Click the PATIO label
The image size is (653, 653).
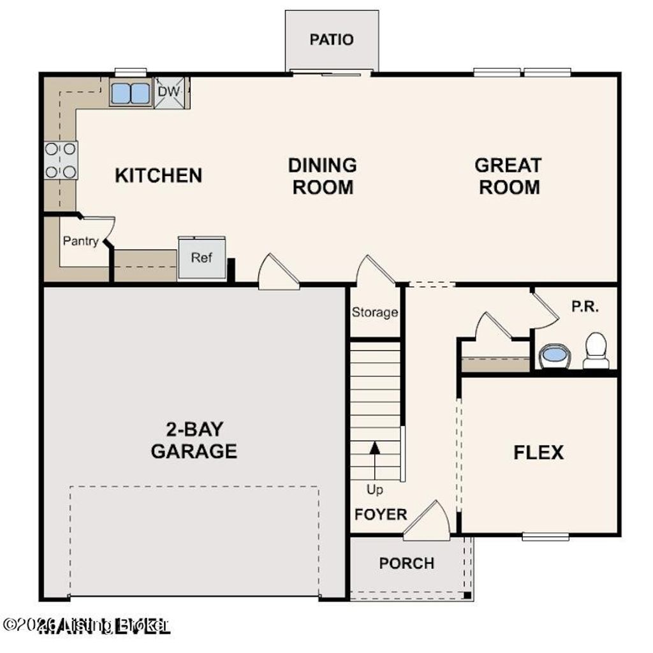click(x=331, y=40)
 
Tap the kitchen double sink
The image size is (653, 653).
click(x=130, y=93)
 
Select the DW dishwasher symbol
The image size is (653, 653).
click(x=170, y=92)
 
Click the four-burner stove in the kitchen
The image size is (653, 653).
click(x=61, y=160)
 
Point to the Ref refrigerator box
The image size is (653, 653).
click(x=202, y=258)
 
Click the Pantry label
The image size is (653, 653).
click(x=80, y=241)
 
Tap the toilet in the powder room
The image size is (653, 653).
click(x=596, y=351)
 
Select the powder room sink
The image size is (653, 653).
click(x=555, y=355)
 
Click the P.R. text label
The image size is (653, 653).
click(x=584, y=306)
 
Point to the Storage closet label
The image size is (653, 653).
click(x=375, y=312)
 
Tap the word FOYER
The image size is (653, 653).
click(x=380, y=514)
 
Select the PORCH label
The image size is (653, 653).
click(x=406, y=563)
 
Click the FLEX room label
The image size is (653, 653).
click(x=538, y=453)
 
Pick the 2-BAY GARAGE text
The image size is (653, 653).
click(x=194, y=440)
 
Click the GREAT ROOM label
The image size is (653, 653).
click(x=509, y=176)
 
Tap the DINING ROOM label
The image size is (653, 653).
click(x=322, y=176)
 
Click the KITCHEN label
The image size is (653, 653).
click(x=158, y=175)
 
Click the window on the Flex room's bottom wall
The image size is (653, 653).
click(x=545, y=537)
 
